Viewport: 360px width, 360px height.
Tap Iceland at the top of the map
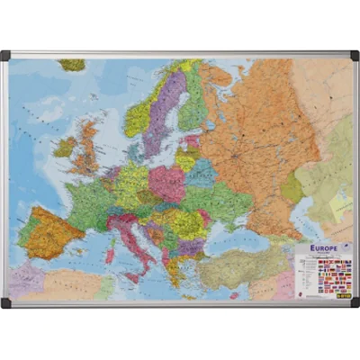pos(72,65)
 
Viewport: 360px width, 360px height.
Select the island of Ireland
pos(65,147)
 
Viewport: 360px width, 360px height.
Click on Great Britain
pos(86,148)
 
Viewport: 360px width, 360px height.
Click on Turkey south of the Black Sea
pos(238,265)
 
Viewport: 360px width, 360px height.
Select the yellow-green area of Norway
pos(139,117)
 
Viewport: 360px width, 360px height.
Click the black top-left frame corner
pos(5,55)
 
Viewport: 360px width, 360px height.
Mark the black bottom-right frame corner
pos(354,303)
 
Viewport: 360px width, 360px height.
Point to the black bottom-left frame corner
pos(5,303)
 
